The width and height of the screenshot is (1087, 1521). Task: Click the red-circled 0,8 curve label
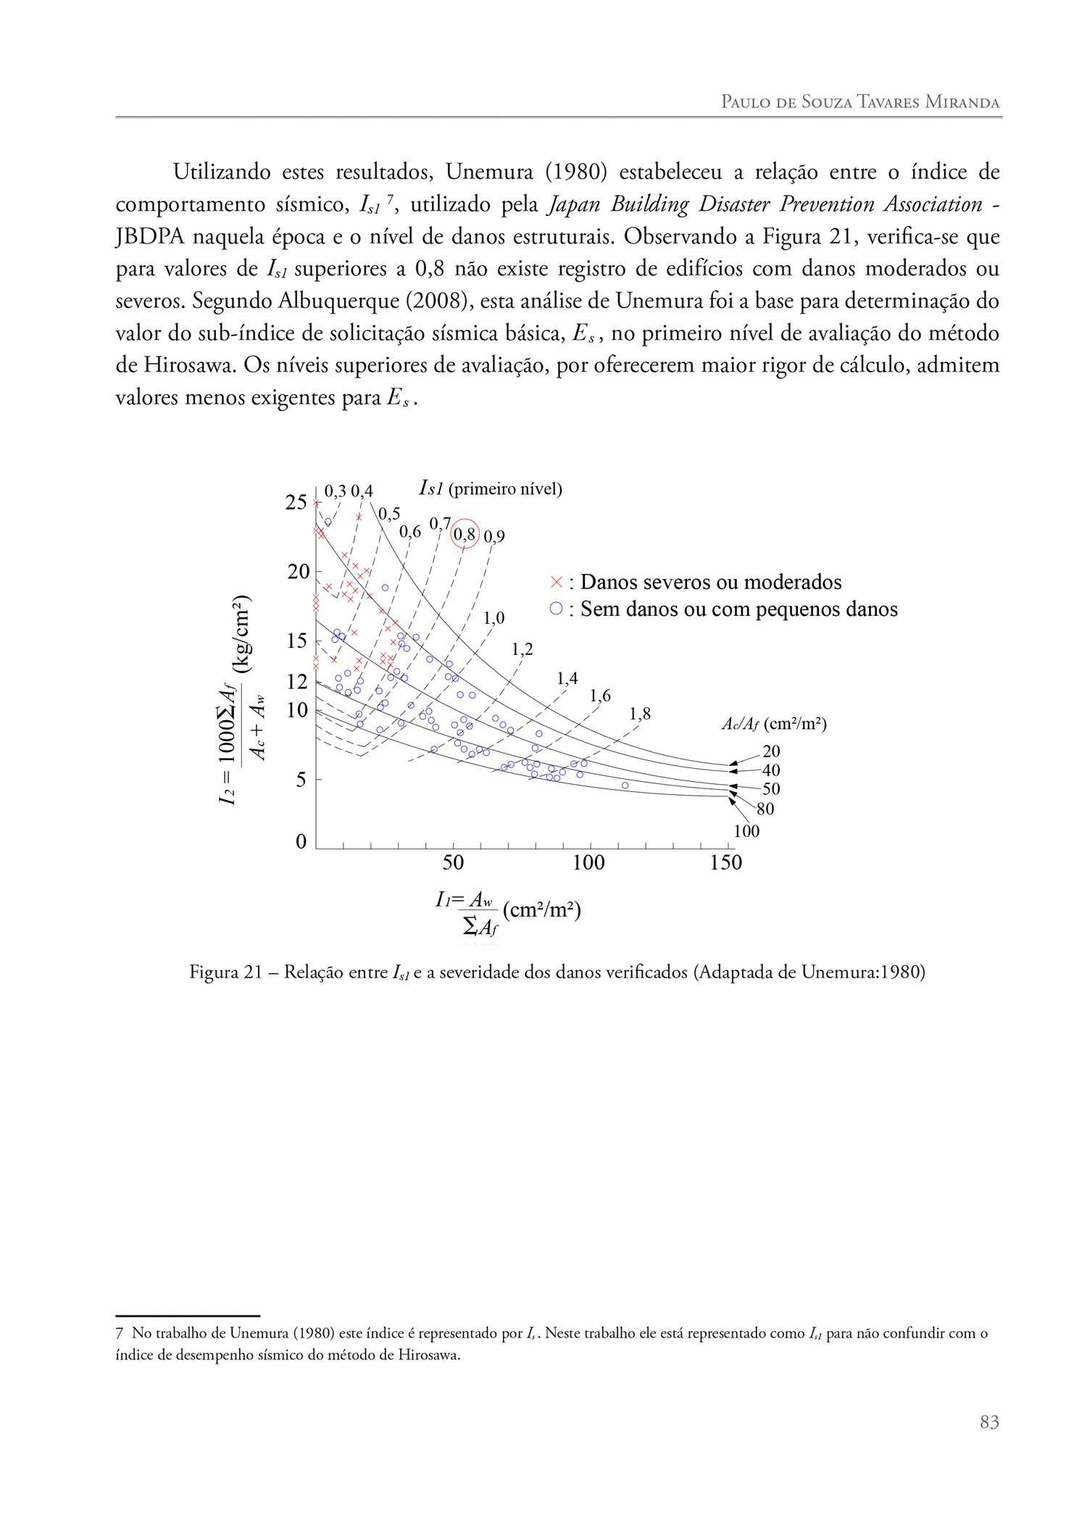click(x=465, y=534)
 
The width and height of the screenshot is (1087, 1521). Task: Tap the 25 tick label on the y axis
click(x=296, y=502)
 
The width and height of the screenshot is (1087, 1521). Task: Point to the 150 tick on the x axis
click(x=726, y=862)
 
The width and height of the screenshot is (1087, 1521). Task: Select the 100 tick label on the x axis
click(x=588, y=862)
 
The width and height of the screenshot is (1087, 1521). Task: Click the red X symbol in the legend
click(x=557, y=582)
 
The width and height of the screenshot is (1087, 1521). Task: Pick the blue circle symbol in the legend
click(x=556, y=609)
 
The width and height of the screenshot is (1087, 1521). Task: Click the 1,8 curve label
click(x=640, y=714)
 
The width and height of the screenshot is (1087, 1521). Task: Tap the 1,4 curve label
click(x=567, y=678)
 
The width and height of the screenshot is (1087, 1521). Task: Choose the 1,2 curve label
click(x=522, y=649)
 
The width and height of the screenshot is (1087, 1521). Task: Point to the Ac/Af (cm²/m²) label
click(x=774, y=724)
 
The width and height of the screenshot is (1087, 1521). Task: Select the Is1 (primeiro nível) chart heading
click(x=491, y=488)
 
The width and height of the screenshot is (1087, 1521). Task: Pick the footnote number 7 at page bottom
click(x=120, y=1333)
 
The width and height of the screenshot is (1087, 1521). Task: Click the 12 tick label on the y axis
click(x=297, y=681)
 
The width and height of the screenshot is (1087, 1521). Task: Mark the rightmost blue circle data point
click(x=625, y=785)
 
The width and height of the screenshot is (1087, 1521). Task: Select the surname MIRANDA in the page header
click(x=962, y=102)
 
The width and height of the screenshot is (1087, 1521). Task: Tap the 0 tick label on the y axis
click(x=301, y=841)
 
